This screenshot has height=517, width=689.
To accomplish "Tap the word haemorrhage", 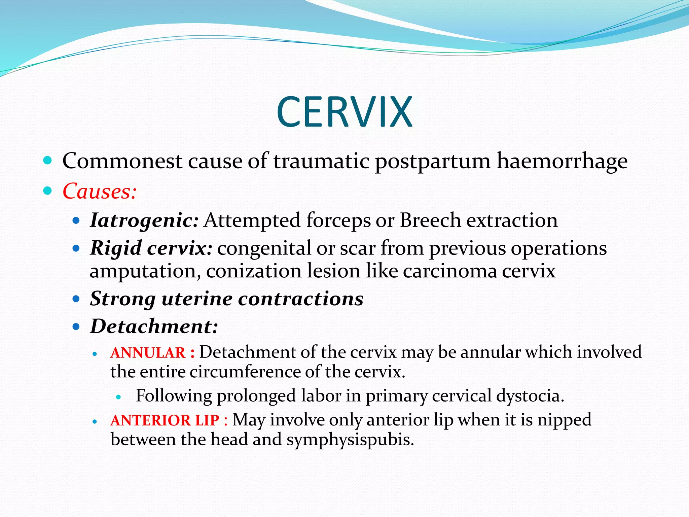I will [562, 161].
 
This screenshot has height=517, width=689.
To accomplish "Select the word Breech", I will [430, 221].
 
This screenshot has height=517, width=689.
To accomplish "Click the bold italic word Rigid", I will [116, 248].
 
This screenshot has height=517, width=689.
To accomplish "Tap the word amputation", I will [143, 271].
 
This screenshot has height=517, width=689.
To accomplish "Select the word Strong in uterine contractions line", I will [123, 299].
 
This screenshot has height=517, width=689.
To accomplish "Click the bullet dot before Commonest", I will [48, 160].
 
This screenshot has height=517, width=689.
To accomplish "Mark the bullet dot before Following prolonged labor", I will [118, 397].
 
